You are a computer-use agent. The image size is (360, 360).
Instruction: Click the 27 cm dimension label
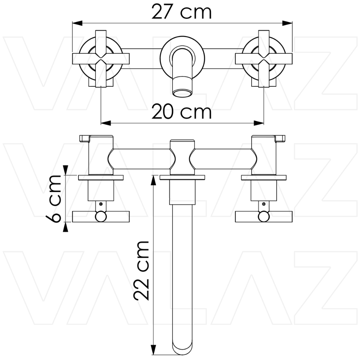pyautogui.click(x=181, y=12)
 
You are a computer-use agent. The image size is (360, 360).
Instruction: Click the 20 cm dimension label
pyautogui.click(x=181, y=112)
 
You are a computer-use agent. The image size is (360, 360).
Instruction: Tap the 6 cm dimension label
pyautogui.click(x=53, y=199)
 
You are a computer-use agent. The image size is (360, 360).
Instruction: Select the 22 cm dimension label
pyautogui.click(x=141, y=270)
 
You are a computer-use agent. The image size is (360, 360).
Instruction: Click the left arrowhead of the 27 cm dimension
pyautogui.click(x=77, y=23)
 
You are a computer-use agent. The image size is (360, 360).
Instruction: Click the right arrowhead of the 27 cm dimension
pyautogui.click(x=287, y=23)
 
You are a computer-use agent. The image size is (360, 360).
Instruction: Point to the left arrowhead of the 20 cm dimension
pyautogui.click(x=106, y=123)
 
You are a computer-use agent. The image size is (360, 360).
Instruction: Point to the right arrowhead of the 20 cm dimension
pyautogui.click(x=259, y=123)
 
